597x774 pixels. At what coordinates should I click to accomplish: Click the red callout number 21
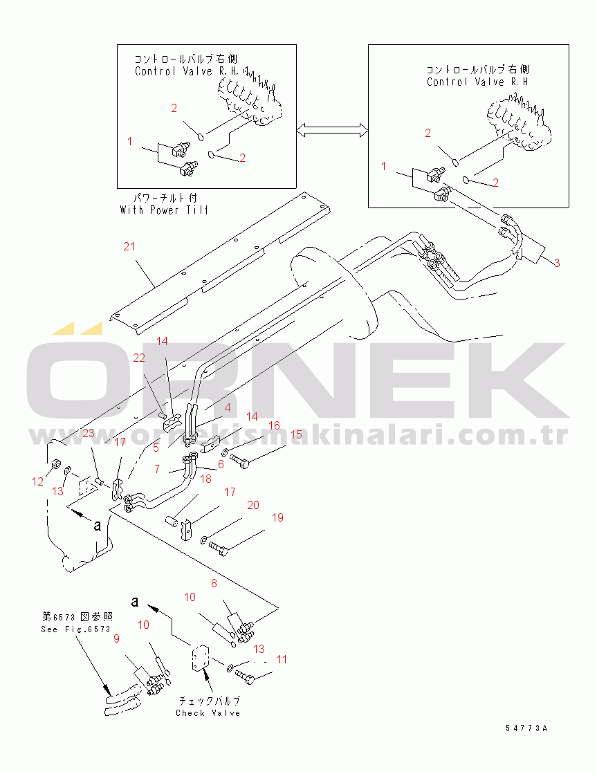(129, 247)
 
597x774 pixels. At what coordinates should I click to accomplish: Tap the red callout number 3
(557, 263)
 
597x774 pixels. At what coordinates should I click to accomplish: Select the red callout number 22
(140, 358)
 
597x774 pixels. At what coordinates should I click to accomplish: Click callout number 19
(277, 517)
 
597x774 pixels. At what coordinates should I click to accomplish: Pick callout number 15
(296, 434)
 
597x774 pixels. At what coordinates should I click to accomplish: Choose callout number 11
(282, 659)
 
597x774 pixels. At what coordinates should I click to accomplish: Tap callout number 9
(117, 638)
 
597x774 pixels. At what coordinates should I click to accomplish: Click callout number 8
(214, 584)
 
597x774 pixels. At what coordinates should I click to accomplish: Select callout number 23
(89, 433)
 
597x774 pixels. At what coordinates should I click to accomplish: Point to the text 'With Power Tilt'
(164, 210)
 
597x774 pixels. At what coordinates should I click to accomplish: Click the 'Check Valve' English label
(208, 713)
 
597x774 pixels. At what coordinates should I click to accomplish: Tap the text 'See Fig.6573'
(75, 629)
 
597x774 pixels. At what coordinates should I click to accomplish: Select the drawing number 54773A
(526, 728)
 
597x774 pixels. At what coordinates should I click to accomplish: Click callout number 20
(253, 506)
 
